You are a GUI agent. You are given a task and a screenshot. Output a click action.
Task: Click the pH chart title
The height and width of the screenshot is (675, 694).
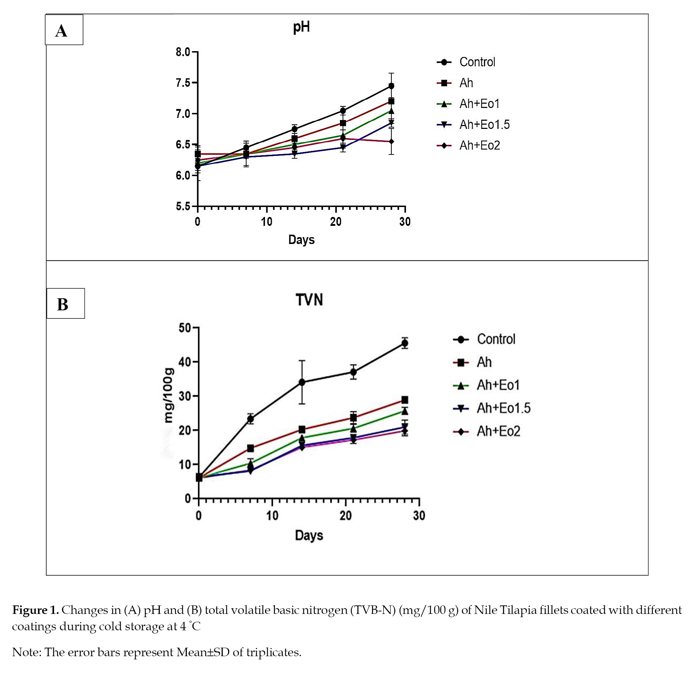point(301,27)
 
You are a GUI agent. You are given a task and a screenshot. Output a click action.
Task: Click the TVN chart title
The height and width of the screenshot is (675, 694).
point(309,300)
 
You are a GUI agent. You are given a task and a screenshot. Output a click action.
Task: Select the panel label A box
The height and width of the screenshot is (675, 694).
point(64,30)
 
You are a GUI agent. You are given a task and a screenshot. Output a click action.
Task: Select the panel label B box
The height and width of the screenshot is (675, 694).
point(65,304)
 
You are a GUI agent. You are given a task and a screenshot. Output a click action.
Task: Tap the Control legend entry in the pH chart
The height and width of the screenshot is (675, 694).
point(466,62)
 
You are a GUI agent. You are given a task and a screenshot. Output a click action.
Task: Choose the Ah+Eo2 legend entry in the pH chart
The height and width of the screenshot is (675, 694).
point(468,146)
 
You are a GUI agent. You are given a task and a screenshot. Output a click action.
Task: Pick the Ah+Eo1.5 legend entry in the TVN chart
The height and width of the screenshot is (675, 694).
point(492,408)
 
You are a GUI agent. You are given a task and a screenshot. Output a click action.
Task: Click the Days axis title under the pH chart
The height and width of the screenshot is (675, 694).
point(301,240)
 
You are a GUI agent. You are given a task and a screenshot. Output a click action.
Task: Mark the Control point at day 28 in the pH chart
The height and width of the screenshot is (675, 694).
point(391,86)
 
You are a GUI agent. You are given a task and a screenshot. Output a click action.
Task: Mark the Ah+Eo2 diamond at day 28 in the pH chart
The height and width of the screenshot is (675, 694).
point(391,141)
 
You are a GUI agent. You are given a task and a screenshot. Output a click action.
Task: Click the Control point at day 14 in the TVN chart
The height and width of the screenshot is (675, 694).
point(302,382)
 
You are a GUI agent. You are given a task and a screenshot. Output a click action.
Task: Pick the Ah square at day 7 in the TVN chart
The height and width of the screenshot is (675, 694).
point(250,448)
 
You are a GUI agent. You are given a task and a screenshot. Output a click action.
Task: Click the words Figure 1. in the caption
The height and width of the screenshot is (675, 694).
point(36,610)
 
